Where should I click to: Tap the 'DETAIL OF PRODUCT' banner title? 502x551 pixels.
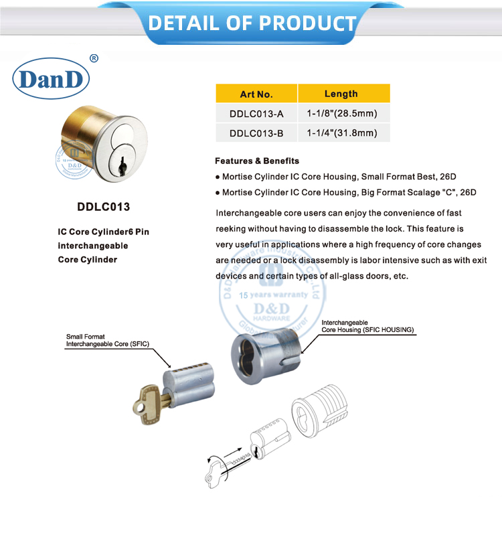pyautogui.click(x=252, y=23)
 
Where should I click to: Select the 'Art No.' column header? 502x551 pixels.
pyautogui.click(x=256, y=94)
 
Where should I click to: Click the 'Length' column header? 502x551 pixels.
pyautogui.click(x=341, y=94)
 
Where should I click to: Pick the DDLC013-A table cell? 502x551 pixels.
pyautogui.click(x=256, y=114)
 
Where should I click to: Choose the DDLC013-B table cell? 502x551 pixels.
pyautogui.click(x=256, y=133)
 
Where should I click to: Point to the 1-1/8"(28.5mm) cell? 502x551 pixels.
pyautogui.click(x=341, y=114)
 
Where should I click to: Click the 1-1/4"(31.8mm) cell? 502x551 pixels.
pyautogui.click(x=341, y=133)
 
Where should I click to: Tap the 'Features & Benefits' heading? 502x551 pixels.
pyautogui.click(x=257, y=161)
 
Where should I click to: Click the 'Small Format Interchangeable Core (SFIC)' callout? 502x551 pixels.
pyautogui.click(x=107, y=340)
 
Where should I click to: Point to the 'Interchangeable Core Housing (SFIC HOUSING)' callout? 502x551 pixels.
pyautogui.click(x=368, y=327)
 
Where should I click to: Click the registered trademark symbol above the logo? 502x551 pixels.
pyautogui.click(x=94, y=58)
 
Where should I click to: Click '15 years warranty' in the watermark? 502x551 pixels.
pyautogui.click(x=274, y=295)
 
